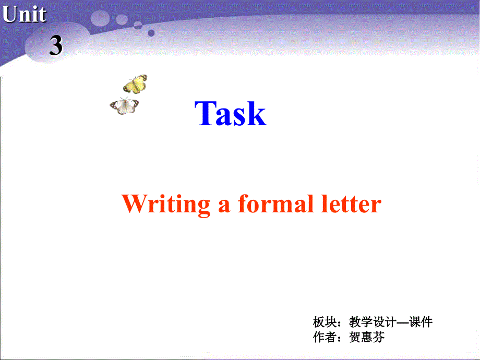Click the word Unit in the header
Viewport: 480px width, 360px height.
click(24, 14)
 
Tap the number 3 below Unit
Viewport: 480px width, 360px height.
click(56, 46)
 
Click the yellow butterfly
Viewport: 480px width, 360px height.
click(135, 83)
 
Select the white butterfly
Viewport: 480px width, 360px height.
click(125, 106)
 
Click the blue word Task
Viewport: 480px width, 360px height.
click(231, 113)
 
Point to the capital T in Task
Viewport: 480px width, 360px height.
click(206, 113)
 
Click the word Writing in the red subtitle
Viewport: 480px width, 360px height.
click(166, 203)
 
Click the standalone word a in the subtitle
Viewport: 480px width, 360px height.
click(224, 205)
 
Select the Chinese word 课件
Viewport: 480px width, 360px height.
click(421, 322)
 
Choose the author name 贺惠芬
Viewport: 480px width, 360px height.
click(367, 337)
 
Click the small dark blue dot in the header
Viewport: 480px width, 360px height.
click(151, 33)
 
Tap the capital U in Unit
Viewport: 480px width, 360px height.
click(10, 14)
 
